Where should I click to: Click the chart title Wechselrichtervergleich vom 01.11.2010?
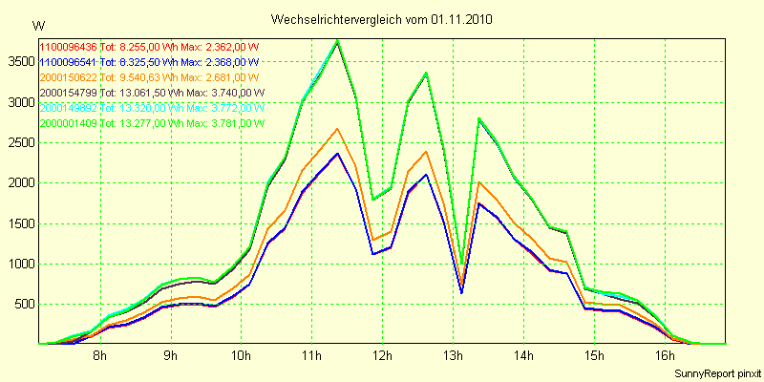382,19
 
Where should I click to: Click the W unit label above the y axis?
37,25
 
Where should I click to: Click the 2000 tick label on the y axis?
19,182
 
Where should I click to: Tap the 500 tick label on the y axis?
23,305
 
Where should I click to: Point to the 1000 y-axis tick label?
19,265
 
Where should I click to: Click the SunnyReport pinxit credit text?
714,372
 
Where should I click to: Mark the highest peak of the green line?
337,40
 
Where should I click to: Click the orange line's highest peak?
337,129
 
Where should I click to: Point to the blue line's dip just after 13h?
461,292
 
